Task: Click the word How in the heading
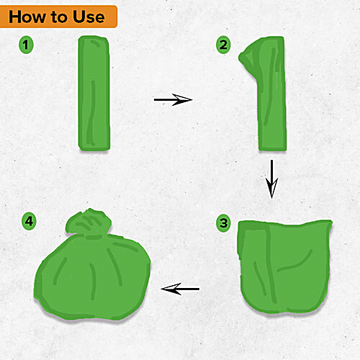(27, 17)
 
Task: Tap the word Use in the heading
(89, 17)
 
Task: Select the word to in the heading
(59, 17)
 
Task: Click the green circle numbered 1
(26, 45)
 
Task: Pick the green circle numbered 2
(223, 45)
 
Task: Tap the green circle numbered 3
(223, 223)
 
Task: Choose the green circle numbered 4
(29, 221)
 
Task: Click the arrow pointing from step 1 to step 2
(173, 99)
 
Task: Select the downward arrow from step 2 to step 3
(271, 179)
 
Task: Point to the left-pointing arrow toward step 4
(180, 289)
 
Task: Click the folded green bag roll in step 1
(94, 94)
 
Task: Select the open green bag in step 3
(284, 266)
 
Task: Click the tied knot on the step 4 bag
(89, 223)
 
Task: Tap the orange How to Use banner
(58, 17)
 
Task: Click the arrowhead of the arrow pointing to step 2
(182, 99)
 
